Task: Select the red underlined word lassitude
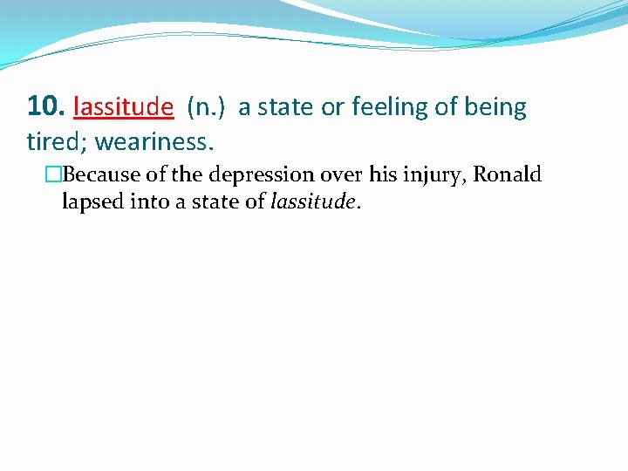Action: [124, 107]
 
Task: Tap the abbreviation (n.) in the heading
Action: [206, 107]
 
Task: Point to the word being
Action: [496, 107]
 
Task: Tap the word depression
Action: [258, 174]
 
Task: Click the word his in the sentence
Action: [382, 174]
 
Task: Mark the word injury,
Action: [434, 174]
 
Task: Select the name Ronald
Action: [507, 174]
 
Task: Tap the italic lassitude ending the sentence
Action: [313, 202]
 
